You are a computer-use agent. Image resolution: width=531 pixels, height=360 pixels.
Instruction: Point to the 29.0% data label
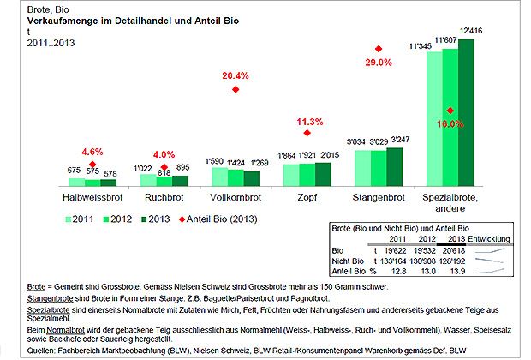[378, 63]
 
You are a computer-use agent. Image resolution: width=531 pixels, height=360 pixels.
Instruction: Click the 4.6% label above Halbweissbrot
[92, 152]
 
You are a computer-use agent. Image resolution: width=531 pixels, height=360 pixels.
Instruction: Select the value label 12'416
[471, 30]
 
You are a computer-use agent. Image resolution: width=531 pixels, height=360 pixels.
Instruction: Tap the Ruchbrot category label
[164, 197]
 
